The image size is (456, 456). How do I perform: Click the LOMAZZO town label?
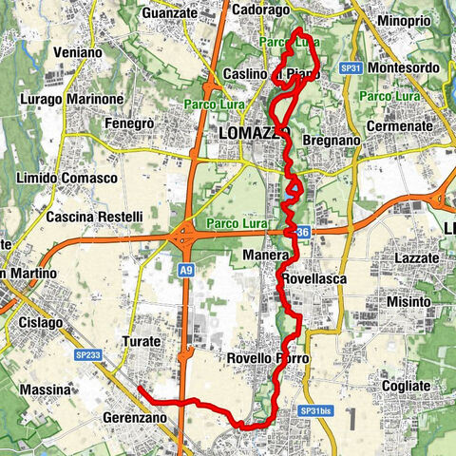249,132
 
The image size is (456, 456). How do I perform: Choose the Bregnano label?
330,141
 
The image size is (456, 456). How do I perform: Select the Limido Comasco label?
66,179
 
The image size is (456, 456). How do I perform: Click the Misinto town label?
410,301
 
